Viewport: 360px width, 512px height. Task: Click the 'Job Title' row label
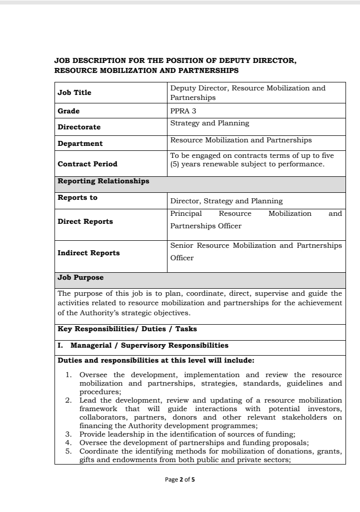(x=74, y=92)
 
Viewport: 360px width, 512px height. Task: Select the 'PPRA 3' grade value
(x=183, y=111)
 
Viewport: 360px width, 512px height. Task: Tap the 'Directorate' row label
(x=79, y=127)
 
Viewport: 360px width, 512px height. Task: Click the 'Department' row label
(x=80, y=143)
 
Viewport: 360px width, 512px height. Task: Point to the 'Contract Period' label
(x=87, y=164)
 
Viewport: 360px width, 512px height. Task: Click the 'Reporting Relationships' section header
(x=103, y=181)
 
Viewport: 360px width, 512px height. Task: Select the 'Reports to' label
(x=77, y=197)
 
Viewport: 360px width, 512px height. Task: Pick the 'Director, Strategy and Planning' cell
(x=226, y=201)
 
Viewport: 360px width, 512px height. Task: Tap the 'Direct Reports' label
(x=85, y=221)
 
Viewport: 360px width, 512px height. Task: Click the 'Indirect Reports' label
(x=88, y=253)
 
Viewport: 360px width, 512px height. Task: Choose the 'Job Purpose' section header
(x=80, y=277)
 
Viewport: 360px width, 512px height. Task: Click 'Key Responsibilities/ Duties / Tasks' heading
(x=127, y=329)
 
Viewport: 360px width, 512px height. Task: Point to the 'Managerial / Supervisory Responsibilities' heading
(x=149, y=345)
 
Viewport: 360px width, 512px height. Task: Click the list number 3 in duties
(x=69, y=434)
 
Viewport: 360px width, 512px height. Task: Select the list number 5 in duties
(x=69, y=452)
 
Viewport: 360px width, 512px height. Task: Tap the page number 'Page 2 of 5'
(x=183, y=480)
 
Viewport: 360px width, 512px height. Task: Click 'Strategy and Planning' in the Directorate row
(x=209, y=123)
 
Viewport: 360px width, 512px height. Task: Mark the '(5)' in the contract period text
(x=174, y=164)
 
